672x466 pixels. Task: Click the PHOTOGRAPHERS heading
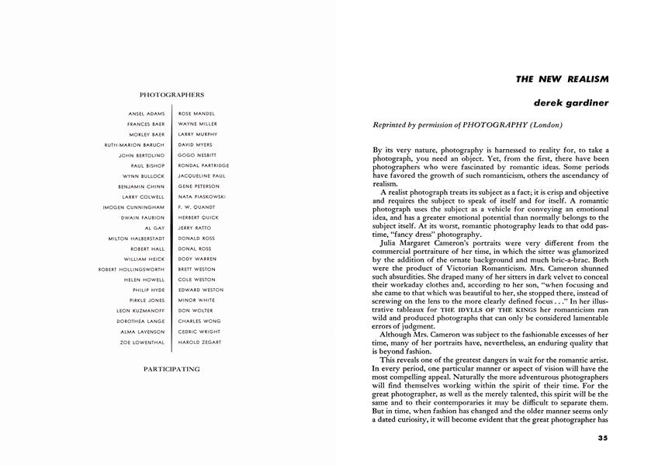(x=171, y=95)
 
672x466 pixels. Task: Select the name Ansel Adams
(x=147, y=114)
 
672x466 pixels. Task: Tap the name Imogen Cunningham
(x=133, y=207)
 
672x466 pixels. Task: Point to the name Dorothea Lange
(x=140, y=321)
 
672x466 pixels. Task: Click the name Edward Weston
(x=200, y=290)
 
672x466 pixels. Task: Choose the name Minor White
(x=196, y=300)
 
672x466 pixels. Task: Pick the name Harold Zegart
(x=200, y=342)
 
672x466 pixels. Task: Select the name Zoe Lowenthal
(x=143, y=342)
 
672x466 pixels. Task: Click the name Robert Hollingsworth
(x=131, y=270)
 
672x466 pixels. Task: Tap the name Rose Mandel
(x=196, y=114)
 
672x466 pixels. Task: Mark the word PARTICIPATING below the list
(x=171, y=369)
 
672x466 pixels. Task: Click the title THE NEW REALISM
(x=563, y=79)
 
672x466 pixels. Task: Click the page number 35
(x=603, y=438)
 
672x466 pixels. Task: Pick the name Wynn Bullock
(x=146, y=176)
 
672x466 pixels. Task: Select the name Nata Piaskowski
(x=202, y=197)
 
